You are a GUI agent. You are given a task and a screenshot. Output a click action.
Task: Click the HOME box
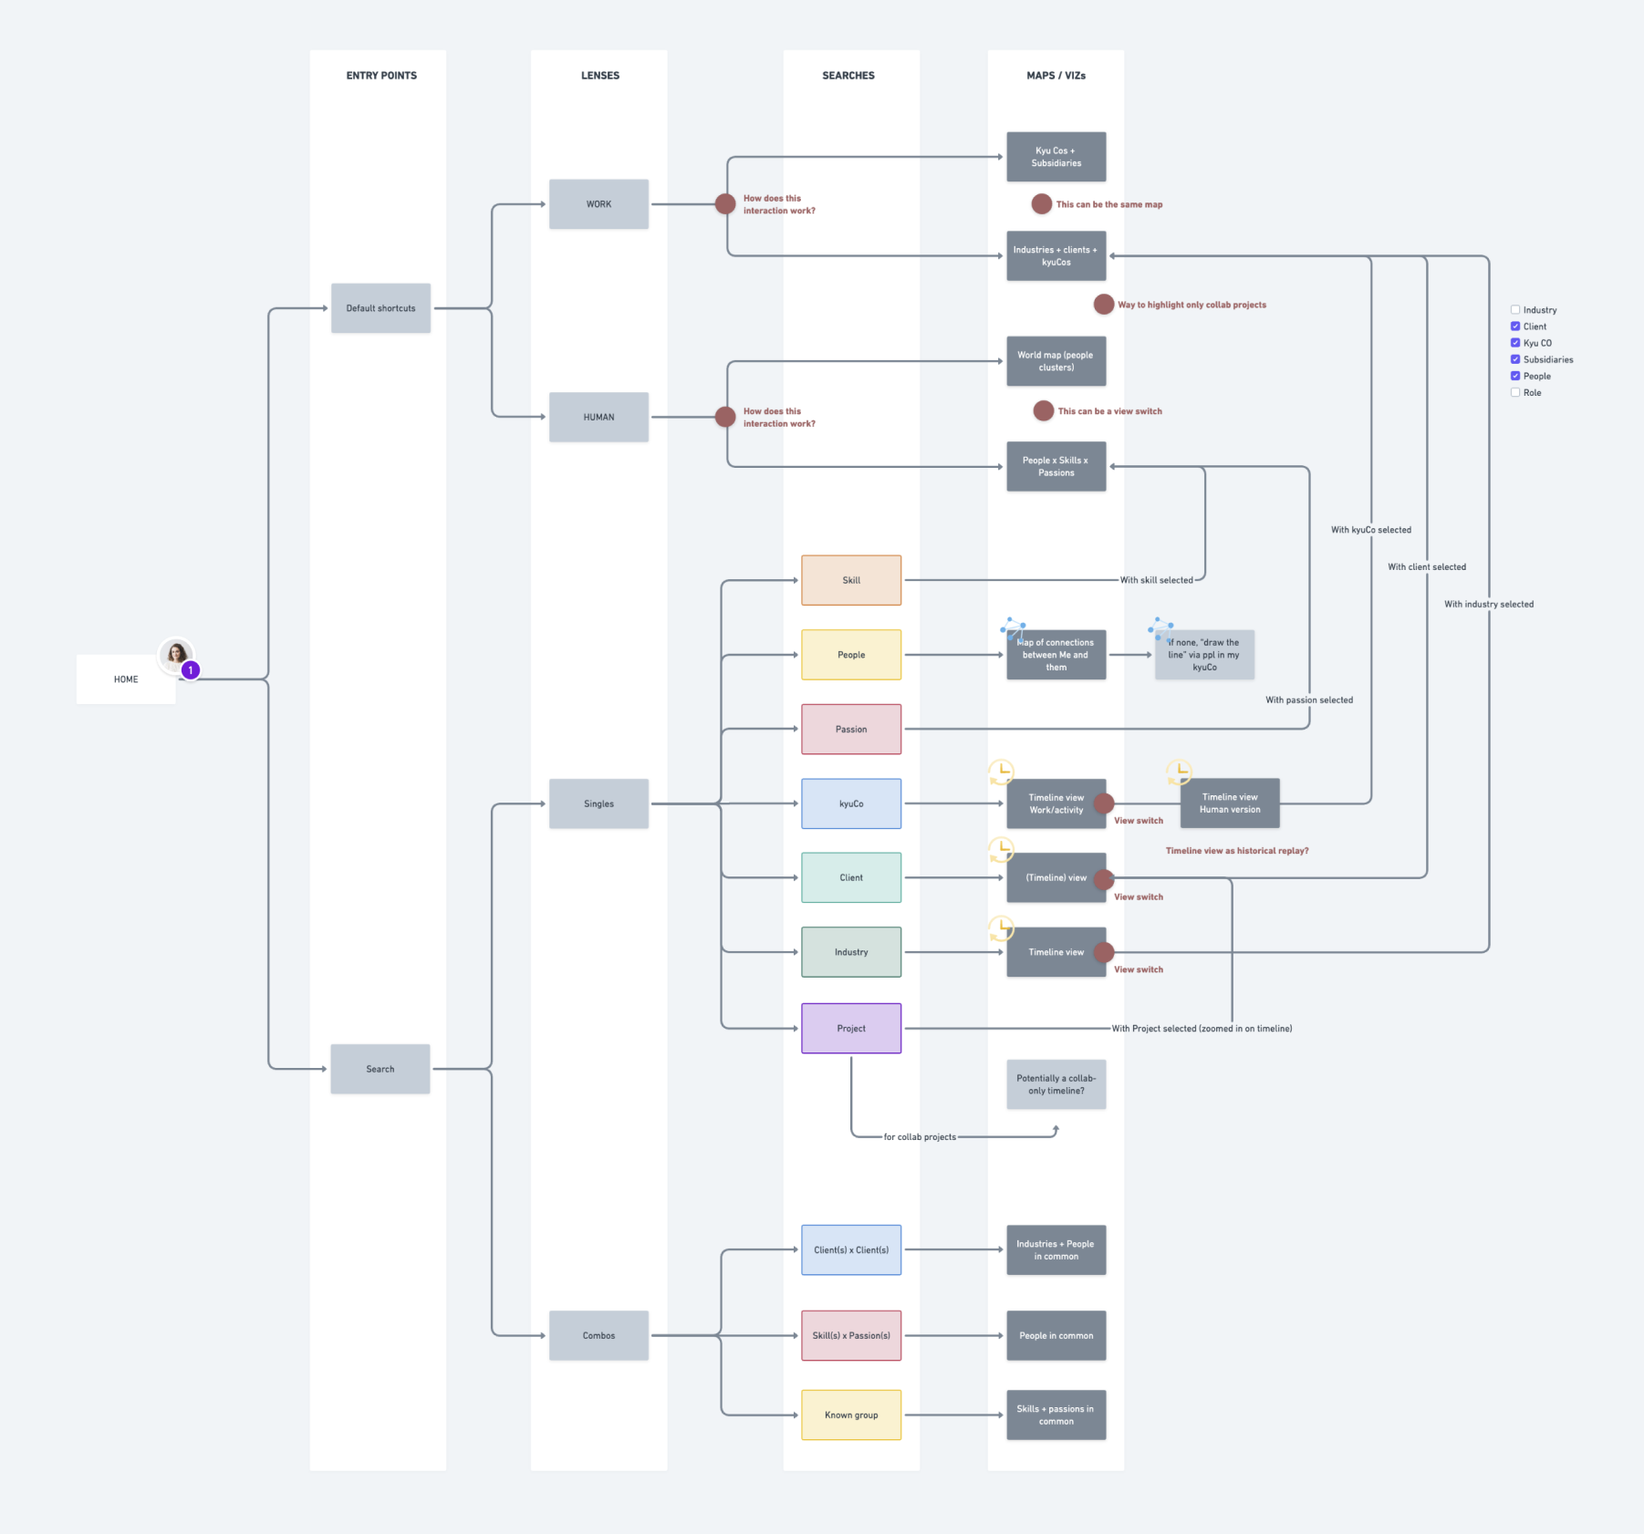[126, 679]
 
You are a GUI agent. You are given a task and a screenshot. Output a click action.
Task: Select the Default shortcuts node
[380, 308]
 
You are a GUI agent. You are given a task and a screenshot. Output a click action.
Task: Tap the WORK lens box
[598, 204]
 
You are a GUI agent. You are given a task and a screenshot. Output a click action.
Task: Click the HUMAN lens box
[598, 417]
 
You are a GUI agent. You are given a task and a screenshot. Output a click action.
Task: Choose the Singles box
[598, 803]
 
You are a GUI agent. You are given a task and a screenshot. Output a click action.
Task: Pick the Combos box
[598, 1335]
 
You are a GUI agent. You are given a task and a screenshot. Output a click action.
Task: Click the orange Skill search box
[851, 580]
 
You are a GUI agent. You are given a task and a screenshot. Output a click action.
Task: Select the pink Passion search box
[851, 729]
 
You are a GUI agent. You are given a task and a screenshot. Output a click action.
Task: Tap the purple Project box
[851, 1028]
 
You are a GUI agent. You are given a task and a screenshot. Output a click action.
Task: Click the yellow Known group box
[851, 1415]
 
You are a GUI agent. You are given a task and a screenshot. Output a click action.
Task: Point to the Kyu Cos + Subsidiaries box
[1056, 157]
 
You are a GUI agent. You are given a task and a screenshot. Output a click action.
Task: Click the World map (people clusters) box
[1056, 361]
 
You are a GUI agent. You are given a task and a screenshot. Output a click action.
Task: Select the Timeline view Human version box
[1229, 803]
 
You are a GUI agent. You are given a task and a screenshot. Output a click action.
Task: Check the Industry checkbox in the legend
[1515, 310]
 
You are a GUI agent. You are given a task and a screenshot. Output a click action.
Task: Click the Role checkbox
[1515, 392]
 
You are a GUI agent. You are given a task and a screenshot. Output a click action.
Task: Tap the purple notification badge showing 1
[190, 670]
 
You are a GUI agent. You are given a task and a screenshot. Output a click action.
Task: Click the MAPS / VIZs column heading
[1056, 76]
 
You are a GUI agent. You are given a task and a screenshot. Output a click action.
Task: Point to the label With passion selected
[1308, 700]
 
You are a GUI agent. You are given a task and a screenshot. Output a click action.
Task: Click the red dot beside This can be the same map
[1041, 204]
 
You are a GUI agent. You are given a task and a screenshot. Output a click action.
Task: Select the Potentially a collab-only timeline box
[1056, 1084]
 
